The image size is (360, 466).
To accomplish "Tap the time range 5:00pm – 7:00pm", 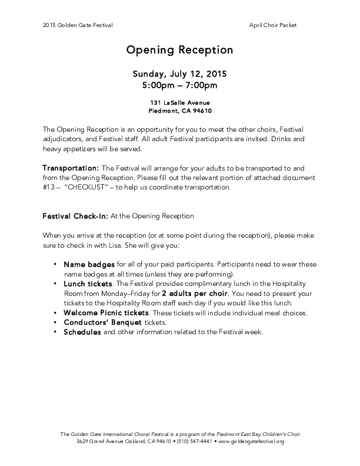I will [x=179, y=86].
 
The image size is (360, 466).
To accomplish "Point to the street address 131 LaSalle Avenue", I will [x=179, y=102].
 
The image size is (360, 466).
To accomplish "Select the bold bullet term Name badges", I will [x=89, y=264].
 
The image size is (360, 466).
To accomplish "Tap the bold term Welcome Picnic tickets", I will [x=106, y=312].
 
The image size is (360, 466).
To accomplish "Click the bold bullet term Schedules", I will [x=82, y=332].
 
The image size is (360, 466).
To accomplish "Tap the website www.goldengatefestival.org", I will [x=251, y=441].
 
